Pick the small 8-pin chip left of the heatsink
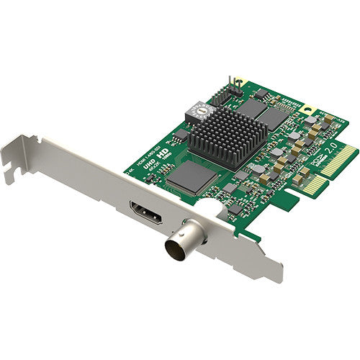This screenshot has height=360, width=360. tap(181, 136)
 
